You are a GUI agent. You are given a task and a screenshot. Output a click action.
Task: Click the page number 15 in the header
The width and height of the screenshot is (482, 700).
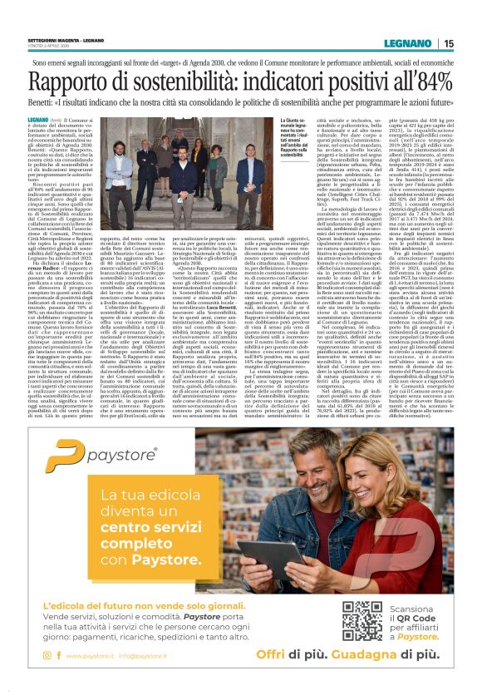[x=449, y=44]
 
